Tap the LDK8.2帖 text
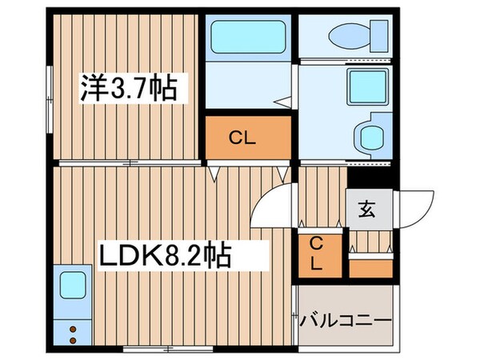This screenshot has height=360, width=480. coord(164,256)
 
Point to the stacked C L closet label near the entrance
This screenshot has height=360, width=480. coord(318,254)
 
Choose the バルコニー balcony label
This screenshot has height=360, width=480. coord(346,321)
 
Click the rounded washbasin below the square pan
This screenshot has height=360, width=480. coord(370,136)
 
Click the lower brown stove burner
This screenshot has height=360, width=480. coord(72,340)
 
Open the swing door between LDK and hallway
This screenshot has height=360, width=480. coord(274,208)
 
